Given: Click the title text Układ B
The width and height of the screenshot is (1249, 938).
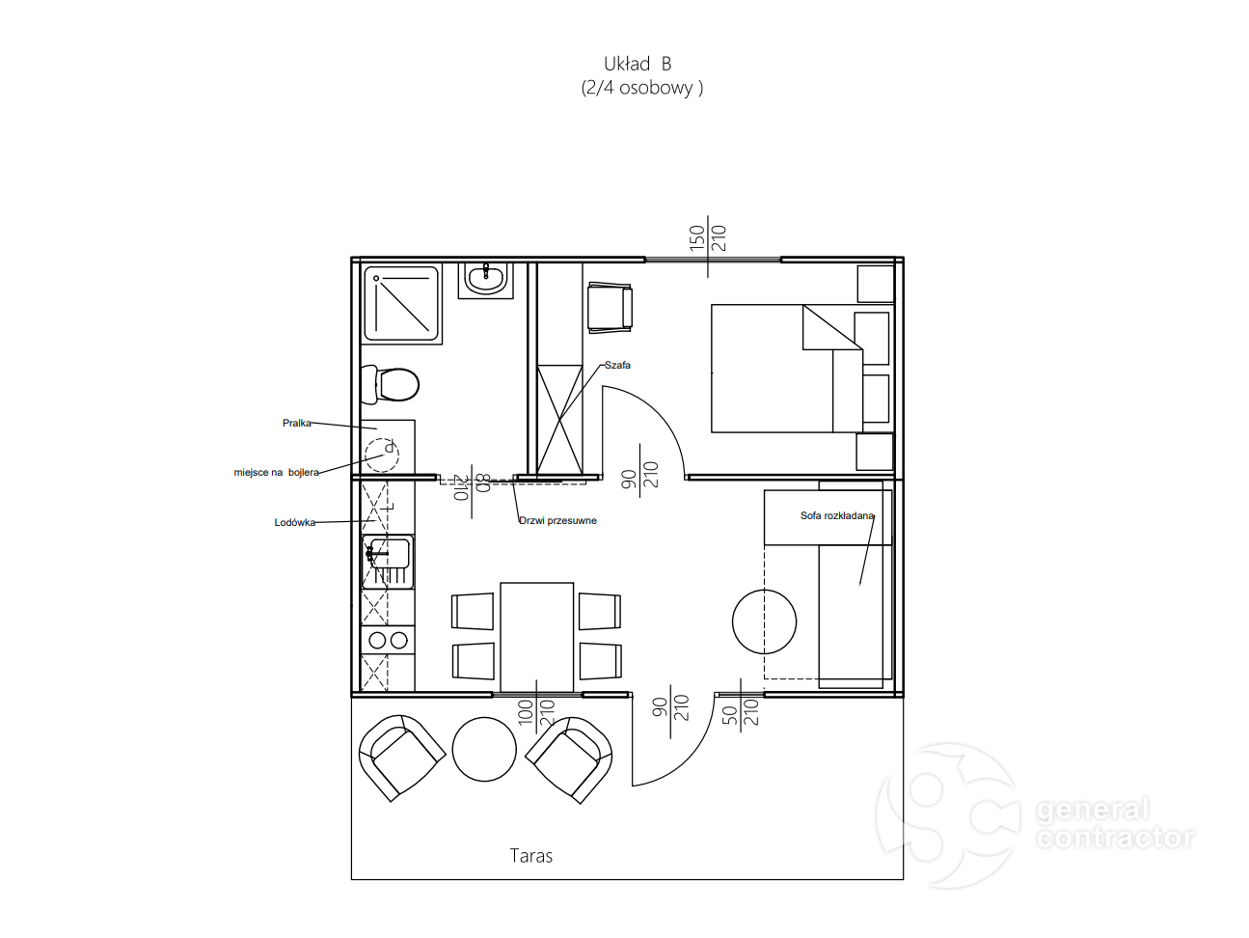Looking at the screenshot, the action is [x=638, y=64].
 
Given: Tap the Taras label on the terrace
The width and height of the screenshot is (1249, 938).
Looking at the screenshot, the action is [x=530, y=855].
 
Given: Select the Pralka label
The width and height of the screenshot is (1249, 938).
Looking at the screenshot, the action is [x=296, y=423].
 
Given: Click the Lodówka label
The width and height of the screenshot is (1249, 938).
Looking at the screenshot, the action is [x=295, y=522].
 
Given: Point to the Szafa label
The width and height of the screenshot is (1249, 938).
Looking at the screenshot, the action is [x=617, y=365].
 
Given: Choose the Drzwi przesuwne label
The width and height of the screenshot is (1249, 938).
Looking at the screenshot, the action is [x=557, y=520].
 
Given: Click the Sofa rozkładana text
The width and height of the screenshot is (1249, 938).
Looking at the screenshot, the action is [x=836, y=515].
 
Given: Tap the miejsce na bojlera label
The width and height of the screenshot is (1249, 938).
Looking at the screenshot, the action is [x=276, y=473].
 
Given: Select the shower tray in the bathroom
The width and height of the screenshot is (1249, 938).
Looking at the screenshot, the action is [x=402, y=304].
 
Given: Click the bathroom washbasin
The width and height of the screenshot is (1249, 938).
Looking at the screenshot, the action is [x=486, y=280].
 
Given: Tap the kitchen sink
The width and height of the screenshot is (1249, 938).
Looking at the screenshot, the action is [x=388, y=562].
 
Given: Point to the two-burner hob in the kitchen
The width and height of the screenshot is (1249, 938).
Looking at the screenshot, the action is [x=388, y=640].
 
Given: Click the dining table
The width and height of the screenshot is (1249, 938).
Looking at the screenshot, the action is [x=536, y=637].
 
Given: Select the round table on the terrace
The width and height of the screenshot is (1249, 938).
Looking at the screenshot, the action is [x=484, y=749].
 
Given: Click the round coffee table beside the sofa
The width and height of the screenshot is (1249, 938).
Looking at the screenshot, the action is [x=764, y=621].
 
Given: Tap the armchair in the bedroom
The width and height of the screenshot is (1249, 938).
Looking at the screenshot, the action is [x=610, y=307].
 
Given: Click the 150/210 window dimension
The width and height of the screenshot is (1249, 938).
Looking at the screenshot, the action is [x=708, y=238].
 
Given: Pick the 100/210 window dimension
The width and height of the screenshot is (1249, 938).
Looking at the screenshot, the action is [x=536, y=712].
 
